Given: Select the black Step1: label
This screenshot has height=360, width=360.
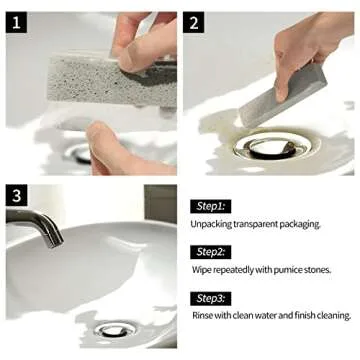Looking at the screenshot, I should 210,205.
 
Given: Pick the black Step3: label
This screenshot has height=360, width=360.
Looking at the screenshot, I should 210,297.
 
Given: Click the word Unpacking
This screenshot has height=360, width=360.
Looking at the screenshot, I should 214,224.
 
